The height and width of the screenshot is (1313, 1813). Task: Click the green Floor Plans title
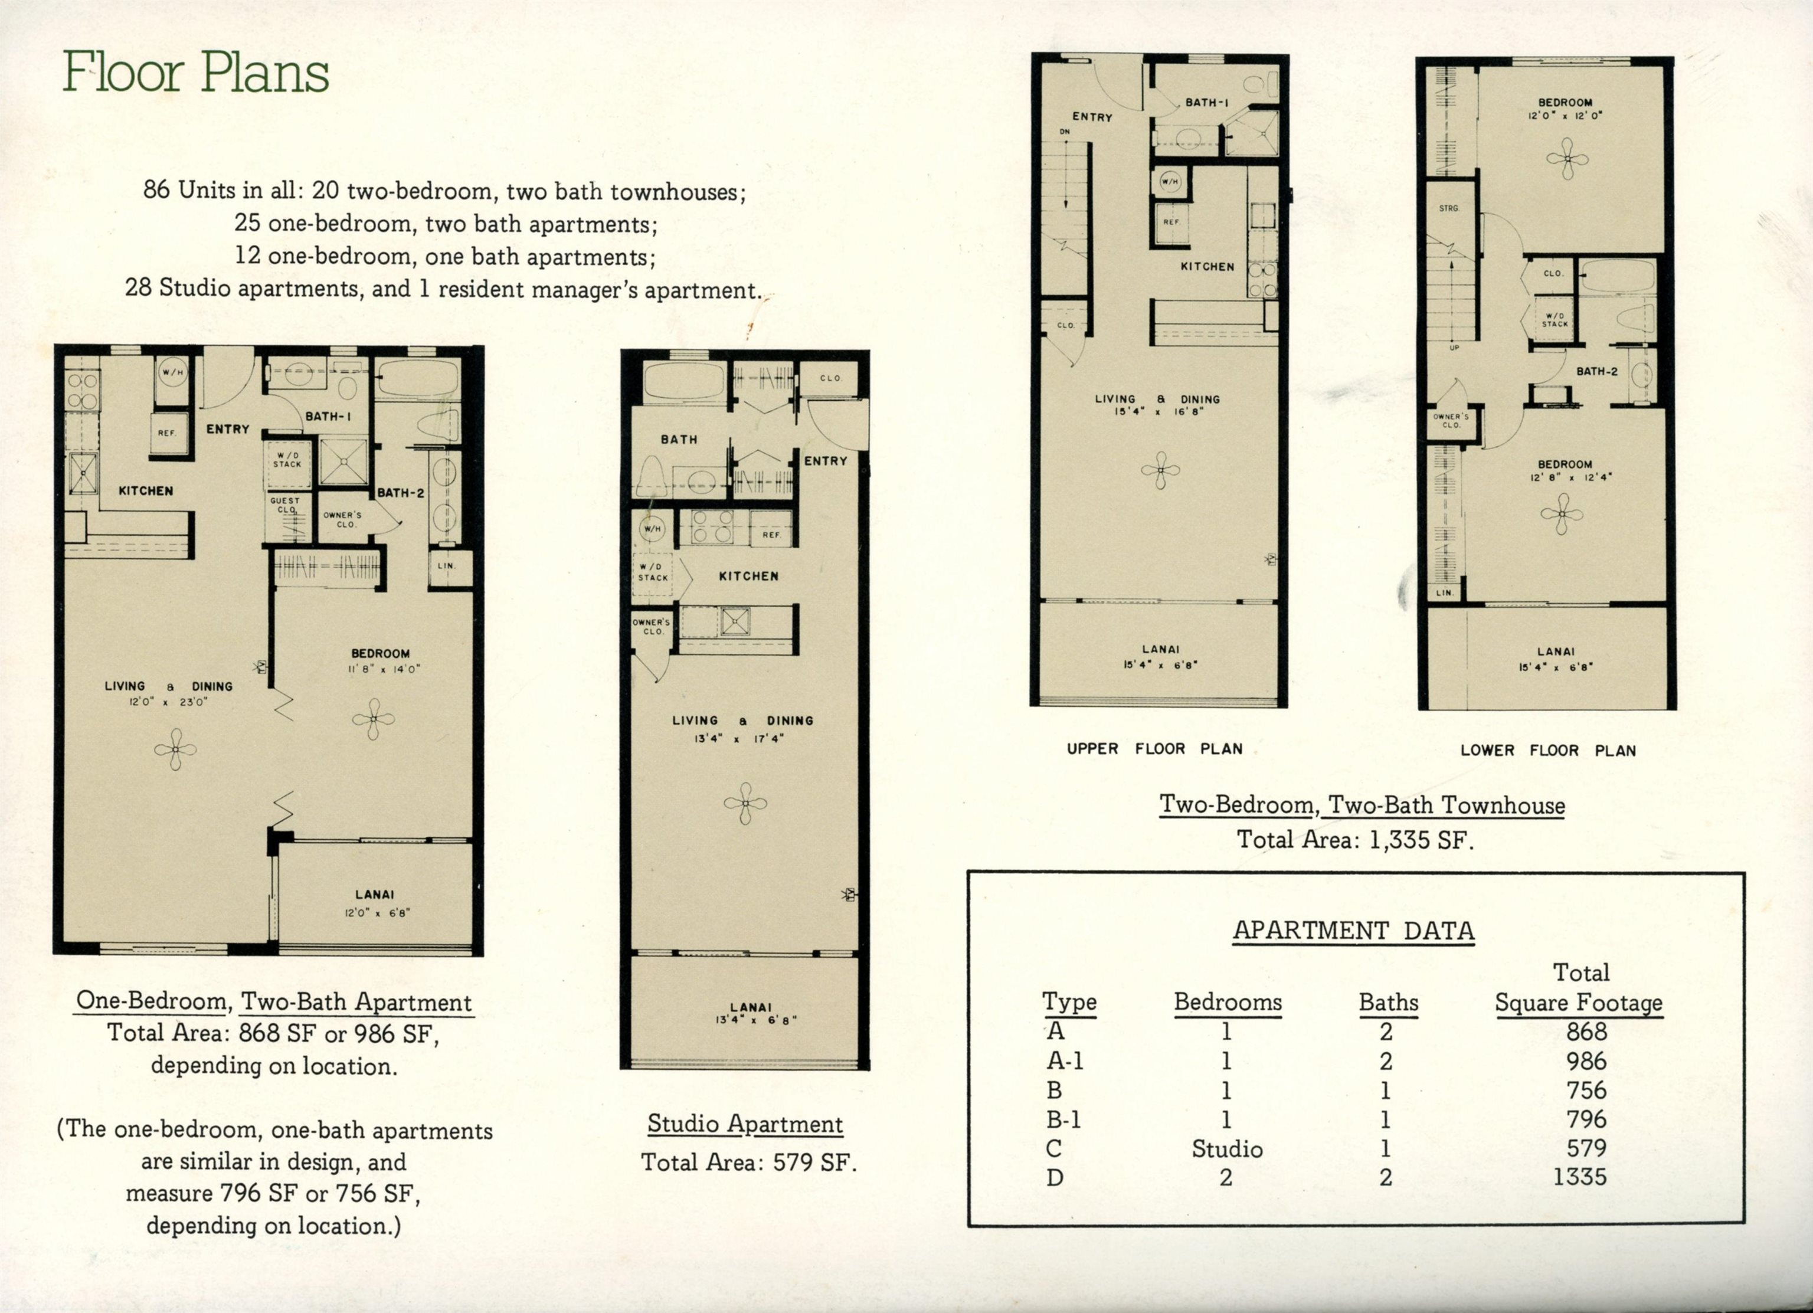[196, 73]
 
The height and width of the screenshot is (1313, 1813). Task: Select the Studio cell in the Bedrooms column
[1226, 1149]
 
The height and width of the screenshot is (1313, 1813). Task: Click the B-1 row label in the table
[1064, 1119]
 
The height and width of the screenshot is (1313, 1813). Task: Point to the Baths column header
[1389, 1002]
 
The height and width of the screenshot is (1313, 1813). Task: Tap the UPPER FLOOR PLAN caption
[1154, 749]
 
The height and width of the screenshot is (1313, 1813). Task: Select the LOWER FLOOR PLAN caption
[1547, 751]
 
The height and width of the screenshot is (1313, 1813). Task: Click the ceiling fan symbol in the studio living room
[745, 803]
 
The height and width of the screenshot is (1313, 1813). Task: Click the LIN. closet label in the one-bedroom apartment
[446, 566]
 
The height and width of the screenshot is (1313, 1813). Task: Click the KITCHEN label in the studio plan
[748, 575]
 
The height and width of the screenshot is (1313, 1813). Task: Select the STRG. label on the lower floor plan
[1448, 208]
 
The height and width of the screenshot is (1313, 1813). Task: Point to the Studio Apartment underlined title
[745, 1124]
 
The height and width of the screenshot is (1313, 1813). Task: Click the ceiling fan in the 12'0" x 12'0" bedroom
[1567, 158]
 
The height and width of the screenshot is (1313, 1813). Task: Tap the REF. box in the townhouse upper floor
[1171, 222]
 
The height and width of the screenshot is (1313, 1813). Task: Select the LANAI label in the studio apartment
[750, 1007]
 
